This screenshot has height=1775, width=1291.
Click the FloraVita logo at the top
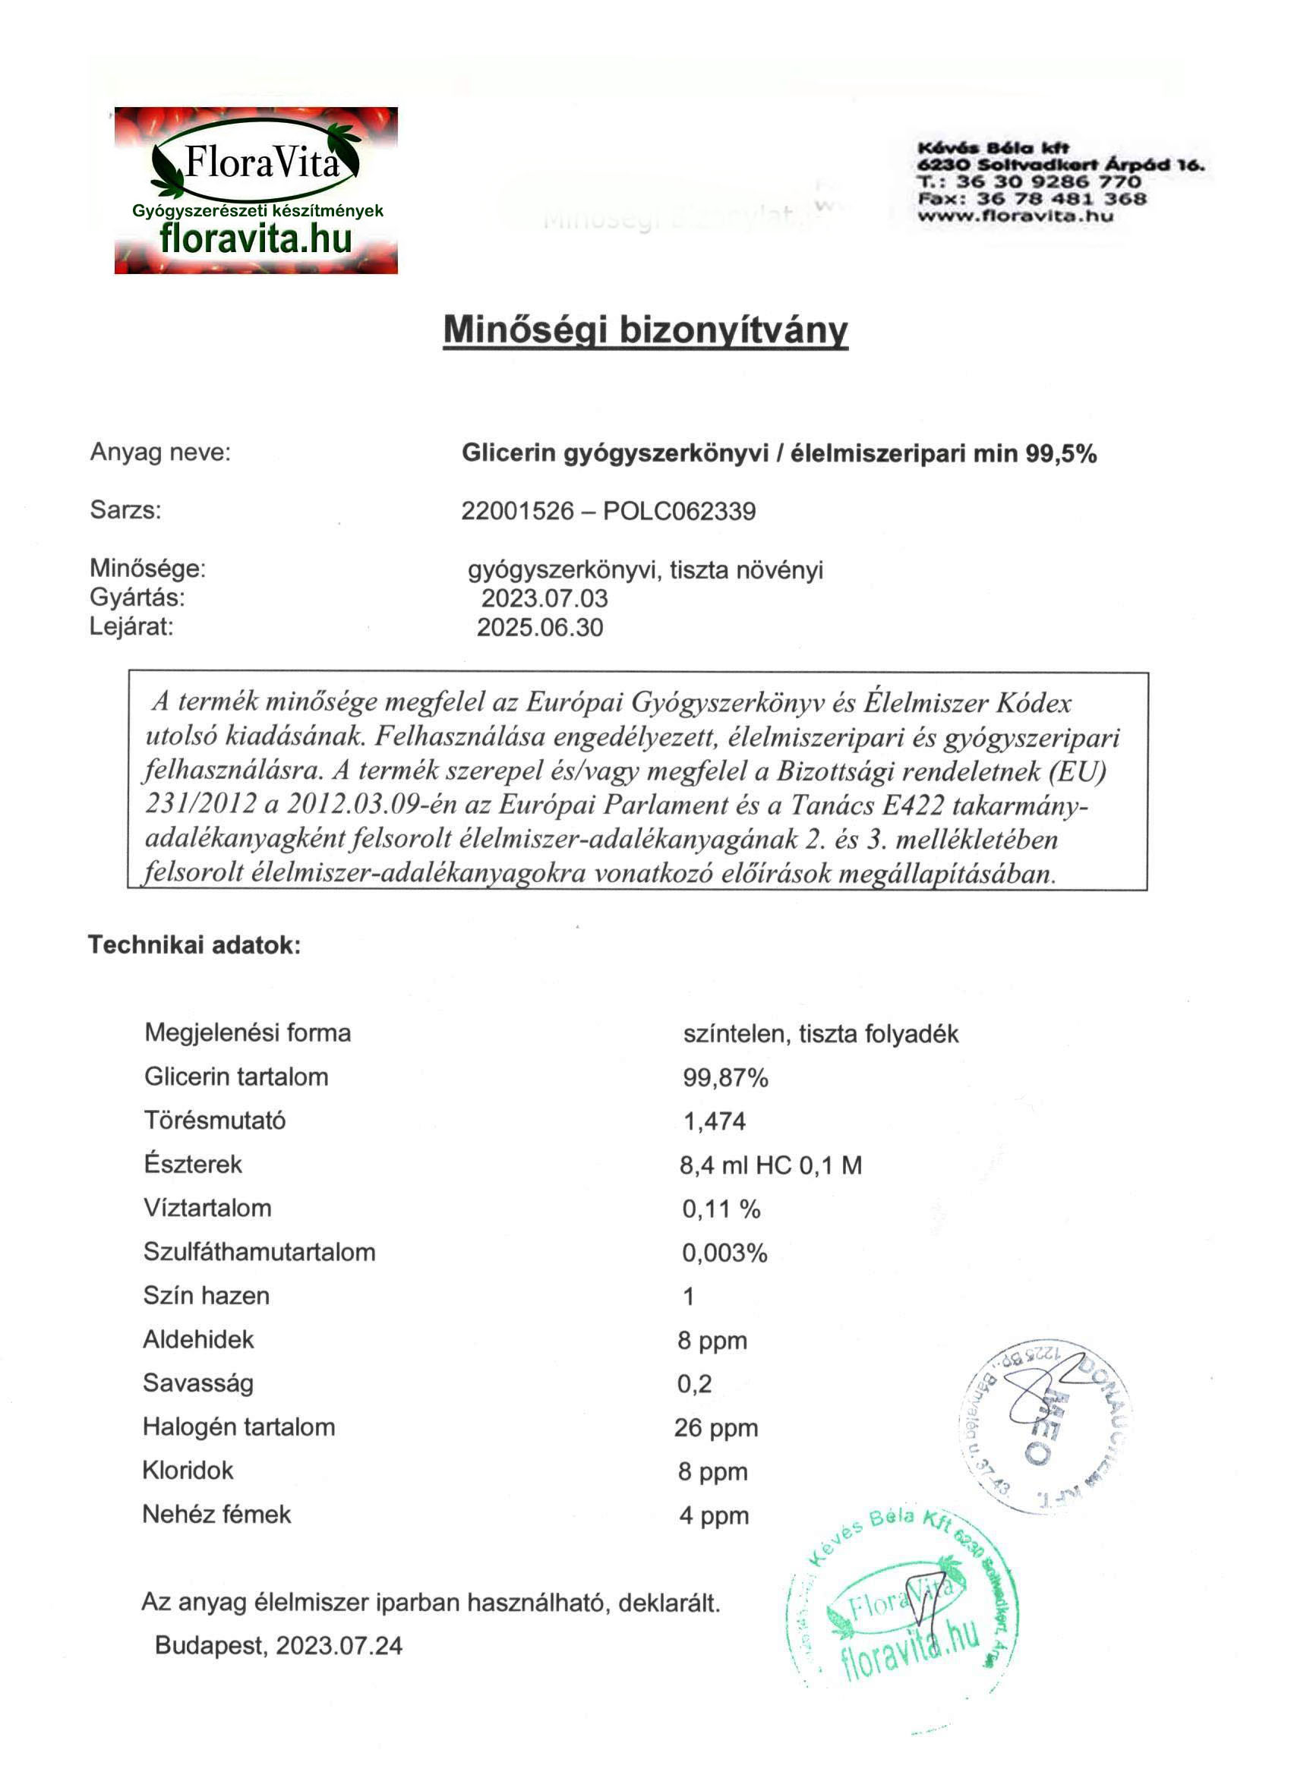point(255,190)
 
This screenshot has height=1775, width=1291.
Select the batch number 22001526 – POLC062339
point(608,511)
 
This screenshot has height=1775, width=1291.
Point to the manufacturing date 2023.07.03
point(544,598)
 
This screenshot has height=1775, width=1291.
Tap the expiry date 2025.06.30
point(540,627)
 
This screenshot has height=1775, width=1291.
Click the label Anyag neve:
point(160,452)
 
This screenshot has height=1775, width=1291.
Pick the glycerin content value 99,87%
point(725,1078)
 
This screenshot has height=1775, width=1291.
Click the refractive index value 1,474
point(714,1121)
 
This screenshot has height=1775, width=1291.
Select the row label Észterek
point(193,1164)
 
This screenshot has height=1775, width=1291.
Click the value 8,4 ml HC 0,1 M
point(770,1165)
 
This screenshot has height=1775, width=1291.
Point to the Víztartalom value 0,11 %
point(721,1209)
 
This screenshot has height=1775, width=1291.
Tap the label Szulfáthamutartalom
point(259,1251)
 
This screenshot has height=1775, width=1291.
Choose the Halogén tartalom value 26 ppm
point(715,1427)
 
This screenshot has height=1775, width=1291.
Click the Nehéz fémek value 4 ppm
point(713,1515)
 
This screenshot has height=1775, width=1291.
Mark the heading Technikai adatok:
point(194,944)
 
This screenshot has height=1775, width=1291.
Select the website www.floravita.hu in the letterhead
point(1015,216)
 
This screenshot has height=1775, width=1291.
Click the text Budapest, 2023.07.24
point(279,1645)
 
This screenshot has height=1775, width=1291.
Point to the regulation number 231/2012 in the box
point(201,805)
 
